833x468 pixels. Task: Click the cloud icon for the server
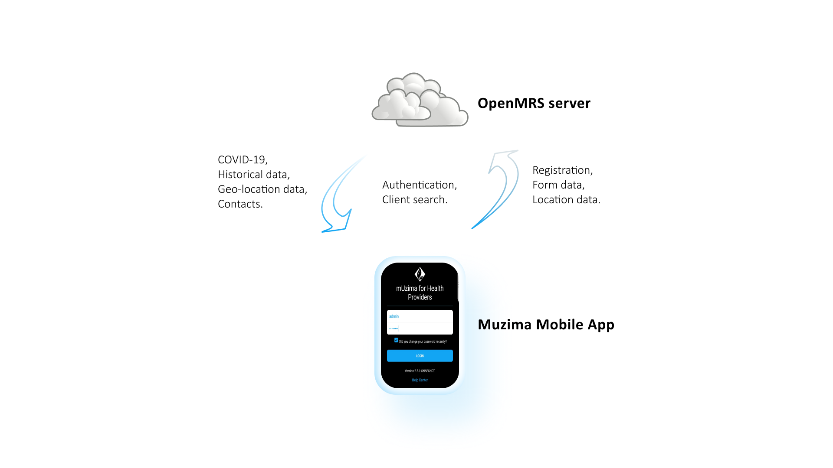tap(420, 100)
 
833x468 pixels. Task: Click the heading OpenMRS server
tap(534, 103)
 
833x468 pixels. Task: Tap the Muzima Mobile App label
tap(546, 325)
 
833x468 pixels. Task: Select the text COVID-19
tap(243, 160)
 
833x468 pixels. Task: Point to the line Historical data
tap(254, 175)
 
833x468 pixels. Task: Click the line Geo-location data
tap(262, 189)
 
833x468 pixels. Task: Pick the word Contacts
tap(240, 204)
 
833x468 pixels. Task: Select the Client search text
tap(415, 200)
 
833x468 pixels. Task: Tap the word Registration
tap(562, 170)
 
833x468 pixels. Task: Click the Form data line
tap(558, 185)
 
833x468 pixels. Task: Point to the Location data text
tap(566, 200)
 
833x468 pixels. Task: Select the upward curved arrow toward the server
tap(508, 191)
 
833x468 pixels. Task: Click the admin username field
tap(420, 316)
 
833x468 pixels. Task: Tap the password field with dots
tap(420, 328)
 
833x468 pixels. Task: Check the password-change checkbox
tap(396, 340)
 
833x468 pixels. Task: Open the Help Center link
tap(420, 380)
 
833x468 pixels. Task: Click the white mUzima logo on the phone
tap(420, 274)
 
